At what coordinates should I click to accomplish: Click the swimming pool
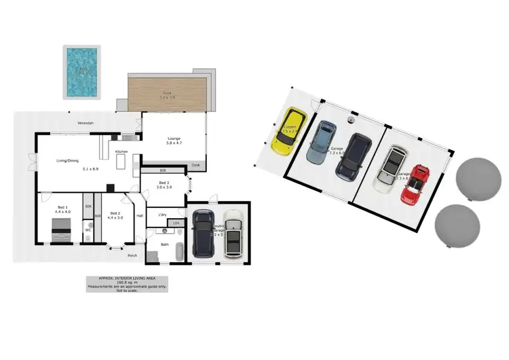[x=81, y=71]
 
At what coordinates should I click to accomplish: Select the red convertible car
[x=415, y=184]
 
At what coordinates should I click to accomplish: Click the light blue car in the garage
[x=321, y=142]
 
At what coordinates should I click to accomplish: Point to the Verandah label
[x=85, y=123]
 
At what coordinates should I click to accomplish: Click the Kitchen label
[x=121, y=151]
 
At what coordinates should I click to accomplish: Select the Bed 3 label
[x=164, y=183]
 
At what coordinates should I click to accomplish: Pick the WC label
[x=88, y=230]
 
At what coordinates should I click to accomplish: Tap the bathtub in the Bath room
[x=178, y=250]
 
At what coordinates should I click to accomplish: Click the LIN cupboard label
[x=176, y=223]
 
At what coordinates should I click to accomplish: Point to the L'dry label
[x=162, y=215]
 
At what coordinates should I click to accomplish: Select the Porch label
[x=132, y=256]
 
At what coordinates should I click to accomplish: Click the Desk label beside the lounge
[x=195, y=165]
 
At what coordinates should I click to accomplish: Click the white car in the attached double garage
[x=233, y=234]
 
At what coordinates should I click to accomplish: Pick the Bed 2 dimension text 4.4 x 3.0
[x=115, y=217]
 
